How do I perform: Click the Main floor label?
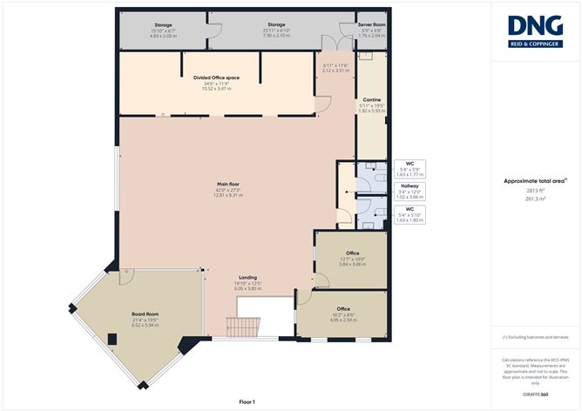pyautogui.click(x=229, y=184)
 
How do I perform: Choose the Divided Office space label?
pyautogui.click(x=216, y=77)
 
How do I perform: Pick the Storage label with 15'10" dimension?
pyautogui.click(x=164, y=24)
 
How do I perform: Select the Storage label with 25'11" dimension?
pyautogui.click(x=277, y=24)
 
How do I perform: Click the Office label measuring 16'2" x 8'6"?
pyautogui.click(x=343, y=309)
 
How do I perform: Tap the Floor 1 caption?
pyautogui.click(x=247, y=401)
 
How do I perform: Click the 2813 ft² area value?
pyautogui.click(x=536, y=189)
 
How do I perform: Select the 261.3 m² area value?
pyautogui.click(x=536, y=199)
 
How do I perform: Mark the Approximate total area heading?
pyautogui.click(x=535, y=180)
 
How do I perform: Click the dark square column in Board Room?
pyautogui.click(x=112, y=339)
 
